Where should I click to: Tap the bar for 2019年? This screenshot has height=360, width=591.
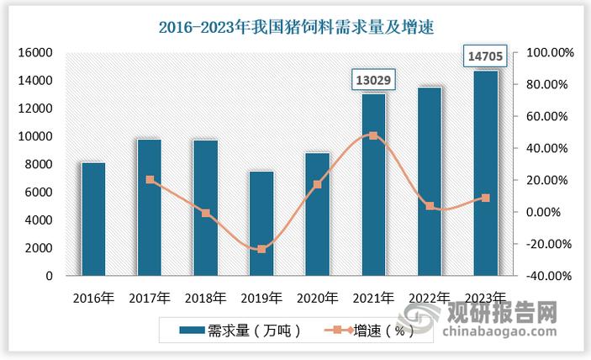261,223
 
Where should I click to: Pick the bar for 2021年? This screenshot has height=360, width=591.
373,184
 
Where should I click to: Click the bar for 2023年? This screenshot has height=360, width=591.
485,172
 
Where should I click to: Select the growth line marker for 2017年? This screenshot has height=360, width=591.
150,180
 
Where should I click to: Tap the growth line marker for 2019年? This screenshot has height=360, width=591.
261,249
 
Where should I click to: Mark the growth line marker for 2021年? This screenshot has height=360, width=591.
373,135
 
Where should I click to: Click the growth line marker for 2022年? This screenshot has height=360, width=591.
430,206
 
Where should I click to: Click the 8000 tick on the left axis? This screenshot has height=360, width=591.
40,164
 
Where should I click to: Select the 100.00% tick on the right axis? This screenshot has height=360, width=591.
550,52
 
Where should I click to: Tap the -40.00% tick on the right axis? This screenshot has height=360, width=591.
550,276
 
